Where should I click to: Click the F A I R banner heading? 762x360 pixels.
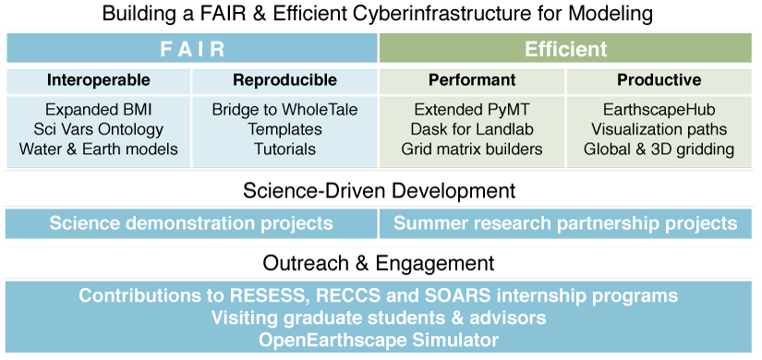pos(192,49)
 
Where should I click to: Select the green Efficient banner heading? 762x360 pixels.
pos(565,49)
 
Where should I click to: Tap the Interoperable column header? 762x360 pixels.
pos(99,79)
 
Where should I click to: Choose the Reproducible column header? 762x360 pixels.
pos(284,79)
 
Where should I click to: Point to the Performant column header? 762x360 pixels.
pos(472,79)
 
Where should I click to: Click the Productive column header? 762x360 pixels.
pos(659,79)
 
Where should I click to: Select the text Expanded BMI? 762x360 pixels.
pos(99,109)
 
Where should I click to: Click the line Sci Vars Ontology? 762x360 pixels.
pos(99,129)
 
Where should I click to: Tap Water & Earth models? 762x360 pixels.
pos(99,149)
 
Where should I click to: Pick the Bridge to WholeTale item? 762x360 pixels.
pos(284,109)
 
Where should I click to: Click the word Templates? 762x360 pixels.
pos(284,129)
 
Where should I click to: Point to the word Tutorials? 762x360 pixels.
pos(284,149)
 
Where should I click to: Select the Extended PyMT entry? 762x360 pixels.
pos(472,109)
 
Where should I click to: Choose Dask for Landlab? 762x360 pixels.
pos(472,129)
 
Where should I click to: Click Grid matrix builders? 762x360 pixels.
pos(472,149)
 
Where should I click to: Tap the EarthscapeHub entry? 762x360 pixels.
pos(659,109)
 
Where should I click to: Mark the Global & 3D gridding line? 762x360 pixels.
pos(659,149)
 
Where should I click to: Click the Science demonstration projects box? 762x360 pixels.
pos(191,223)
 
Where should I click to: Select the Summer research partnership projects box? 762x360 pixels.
pos(565,223)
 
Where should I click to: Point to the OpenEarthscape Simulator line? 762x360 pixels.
pos(379,339)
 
